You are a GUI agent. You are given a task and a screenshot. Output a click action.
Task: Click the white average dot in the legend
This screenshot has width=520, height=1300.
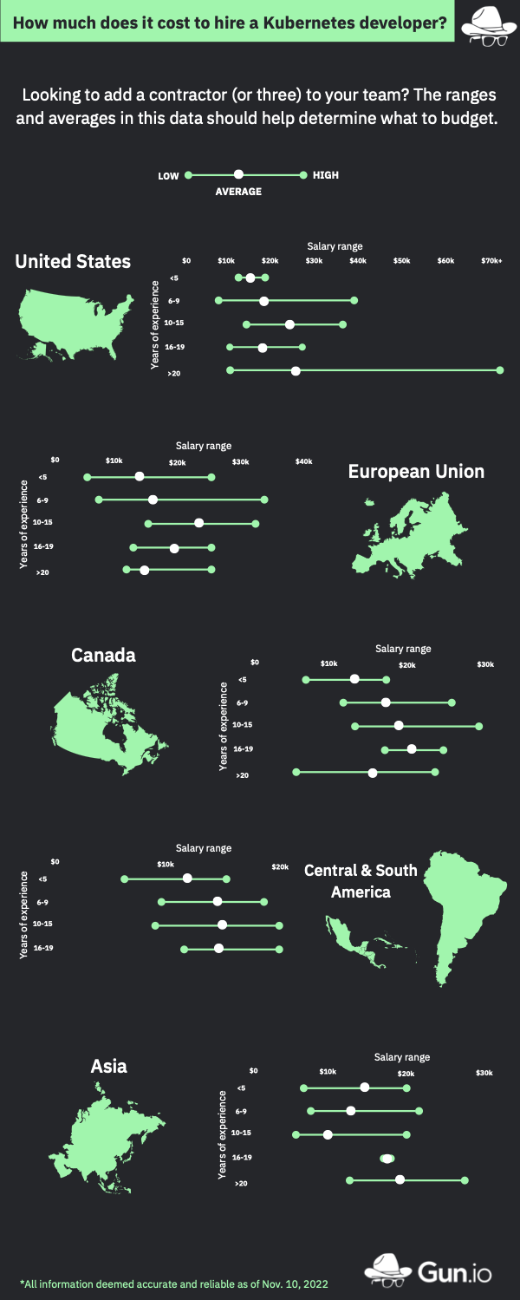click(x=238, y=175)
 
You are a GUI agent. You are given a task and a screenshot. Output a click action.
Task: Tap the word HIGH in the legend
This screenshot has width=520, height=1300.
click(x=326, y=175)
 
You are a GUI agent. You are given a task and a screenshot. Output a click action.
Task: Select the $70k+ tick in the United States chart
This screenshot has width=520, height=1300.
click(x=491, y=260)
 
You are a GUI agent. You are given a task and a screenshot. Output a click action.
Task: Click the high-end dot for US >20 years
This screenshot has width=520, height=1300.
click(x=500, y=370)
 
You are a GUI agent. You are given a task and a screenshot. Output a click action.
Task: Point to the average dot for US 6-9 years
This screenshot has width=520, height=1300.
click(x=263, y=301)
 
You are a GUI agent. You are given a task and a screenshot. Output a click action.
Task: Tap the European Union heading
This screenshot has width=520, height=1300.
click(x=416, y=471)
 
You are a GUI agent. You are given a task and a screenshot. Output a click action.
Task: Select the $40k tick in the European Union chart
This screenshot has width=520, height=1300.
click(x=303, y=461)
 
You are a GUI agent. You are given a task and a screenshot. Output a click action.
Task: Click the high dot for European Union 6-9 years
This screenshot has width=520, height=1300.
click(x=264, y=500)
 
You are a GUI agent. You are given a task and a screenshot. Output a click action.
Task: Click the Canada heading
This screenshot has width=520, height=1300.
click(x=103, y=656)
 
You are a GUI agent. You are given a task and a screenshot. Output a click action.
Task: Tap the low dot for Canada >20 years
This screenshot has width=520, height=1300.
click(x=296, y=772)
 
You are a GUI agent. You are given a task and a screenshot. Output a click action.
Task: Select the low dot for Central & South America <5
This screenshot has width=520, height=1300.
click(x=124, y=879)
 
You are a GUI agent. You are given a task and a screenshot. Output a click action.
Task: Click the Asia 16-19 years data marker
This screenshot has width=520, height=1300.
click(x=387, y=1158)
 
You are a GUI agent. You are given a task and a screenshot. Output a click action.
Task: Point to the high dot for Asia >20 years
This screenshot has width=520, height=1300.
click(x=465, y=1179)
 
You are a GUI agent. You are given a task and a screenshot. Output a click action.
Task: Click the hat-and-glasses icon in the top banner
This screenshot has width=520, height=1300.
click(x=484, y=23)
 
